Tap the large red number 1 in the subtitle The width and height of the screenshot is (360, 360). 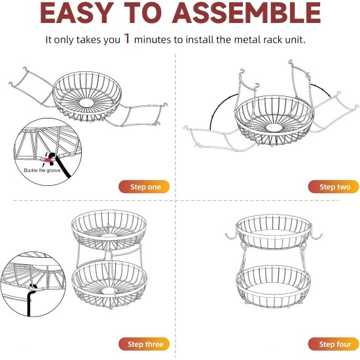coord(127,39)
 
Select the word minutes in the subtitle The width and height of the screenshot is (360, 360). coord(154,39)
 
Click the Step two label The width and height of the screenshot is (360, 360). coord(334,187)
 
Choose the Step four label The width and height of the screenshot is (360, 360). coord(334,344)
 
